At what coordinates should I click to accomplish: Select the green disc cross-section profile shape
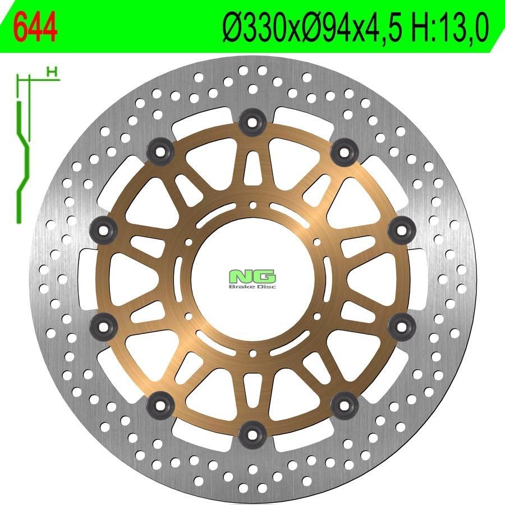[x=23, y=162]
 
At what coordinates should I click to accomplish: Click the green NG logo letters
[x=252, y=276]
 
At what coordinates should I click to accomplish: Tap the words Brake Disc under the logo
[x=252, y=286]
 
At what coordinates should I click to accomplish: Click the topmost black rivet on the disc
[x=252, y=122]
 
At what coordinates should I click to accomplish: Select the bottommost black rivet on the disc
[x=253, y=434]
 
